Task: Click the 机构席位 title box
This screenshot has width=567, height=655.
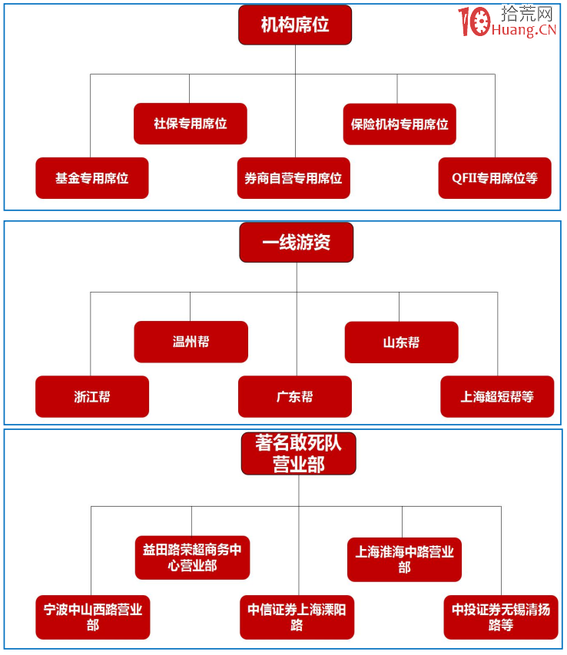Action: (295, 25)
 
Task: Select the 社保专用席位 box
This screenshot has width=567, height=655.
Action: (191, 124)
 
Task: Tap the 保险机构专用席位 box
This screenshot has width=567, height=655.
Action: (400, 124)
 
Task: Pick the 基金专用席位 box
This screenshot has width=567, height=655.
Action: (92, 178)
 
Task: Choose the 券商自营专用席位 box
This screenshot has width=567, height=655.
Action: (293, 178)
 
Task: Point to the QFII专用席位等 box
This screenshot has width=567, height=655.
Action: (495, 178)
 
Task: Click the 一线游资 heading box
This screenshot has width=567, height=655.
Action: (297, 243)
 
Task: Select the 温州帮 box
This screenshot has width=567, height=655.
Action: (191, 342)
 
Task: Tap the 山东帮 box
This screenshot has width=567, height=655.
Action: (401, 342)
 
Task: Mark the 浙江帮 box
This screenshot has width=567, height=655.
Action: (92, 396)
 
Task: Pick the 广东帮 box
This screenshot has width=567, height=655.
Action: (295, 396)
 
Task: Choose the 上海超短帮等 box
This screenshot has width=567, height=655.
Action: (497, 396)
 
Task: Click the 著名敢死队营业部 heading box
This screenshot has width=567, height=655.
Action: (298, 453)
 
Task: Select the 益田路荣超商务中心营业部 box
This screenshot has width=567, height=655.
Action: (192, 557)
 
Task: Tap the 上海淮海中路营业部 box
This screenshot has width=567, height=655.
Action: (404, 559)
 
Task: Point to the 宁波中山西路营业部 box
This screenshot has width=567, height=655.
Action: (93, 617)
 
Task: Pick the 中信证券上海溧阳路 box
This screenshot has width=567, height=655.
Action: (297, 617)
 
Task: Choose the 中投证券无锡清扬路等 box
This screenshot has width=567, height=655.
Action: (501, 617)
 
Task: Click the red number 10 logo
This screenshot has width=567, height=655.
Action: (475, 21)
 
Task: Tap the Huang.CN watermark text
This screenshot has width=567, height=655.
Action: (529, 31)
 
